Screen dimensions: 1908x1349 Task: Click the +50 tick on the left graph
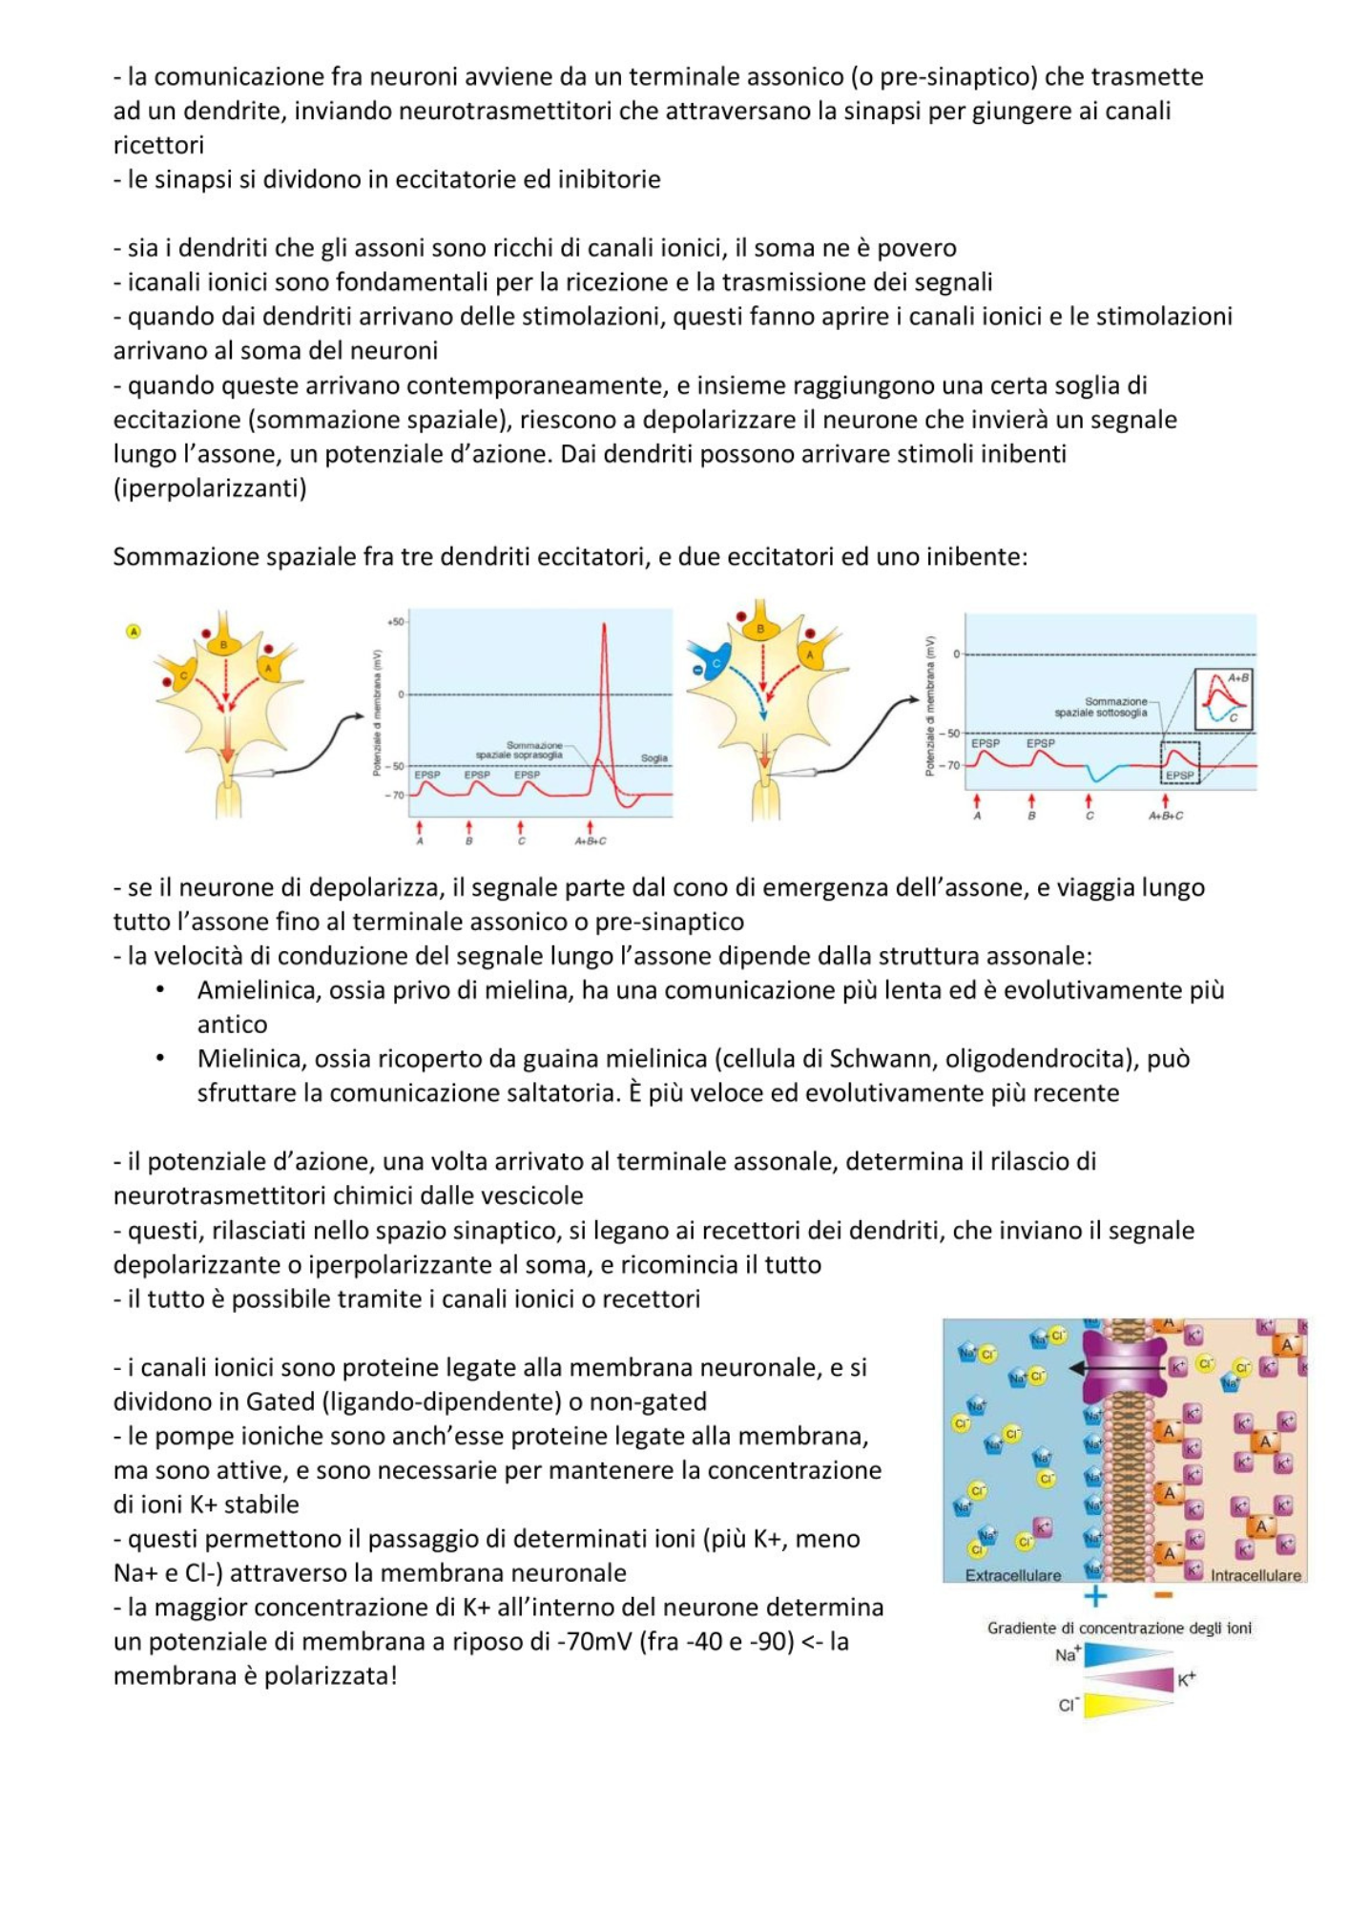click(394, 621)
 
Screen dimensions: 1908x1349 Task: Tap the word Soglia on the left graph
click(654, 758)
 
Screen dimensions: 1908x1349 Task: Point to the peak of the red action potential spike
click(604, 626)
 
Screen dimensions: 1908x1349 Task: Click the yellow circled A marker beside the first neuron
click(134, 632)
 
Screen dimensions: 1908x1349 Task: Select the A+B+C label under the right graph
click(1166, 816)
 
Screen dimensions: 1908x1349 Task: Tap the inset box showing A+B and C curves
click(1223, 699)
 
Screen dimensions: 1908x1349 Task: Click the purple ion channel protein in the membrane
click(1128, 1367)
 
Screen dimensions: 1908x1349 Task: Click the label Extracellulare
click(1012, 1575)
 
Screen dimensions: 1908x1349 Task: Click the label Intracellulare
click(1255, 1575)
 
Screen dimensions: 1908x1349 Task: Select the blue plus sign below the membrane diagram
click(1095, 1596)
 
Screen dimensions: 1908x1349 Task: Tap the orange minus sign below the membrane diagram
click(1163, 1596)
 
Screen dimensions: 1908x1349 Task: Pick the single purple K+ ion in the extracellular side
click(1042, 1527)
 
